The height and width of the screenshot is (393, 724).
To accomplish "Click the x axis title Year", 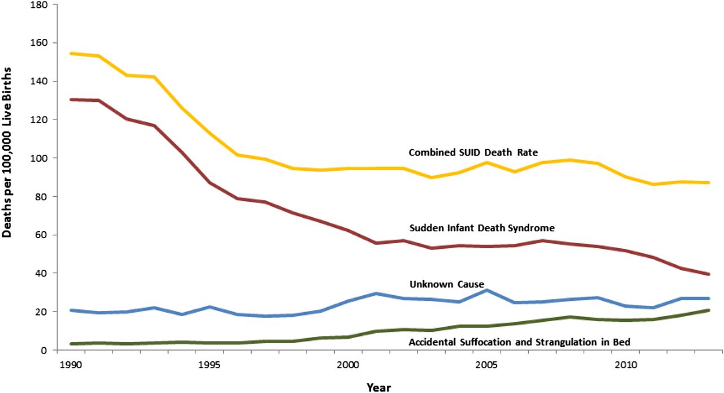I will tap(378, 387).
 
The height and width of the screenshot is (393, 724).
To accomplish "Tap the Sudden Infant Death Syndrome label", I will tap(481, 228).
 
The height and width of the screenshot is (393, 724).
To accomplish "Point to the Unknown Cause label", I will tap(447, 284).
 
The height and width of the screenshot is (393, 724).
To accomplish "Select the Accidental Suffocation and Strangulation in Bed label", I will tap(519, 342).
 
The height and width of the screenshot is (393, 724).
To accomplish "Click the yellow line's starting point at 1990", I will tap(70, 54).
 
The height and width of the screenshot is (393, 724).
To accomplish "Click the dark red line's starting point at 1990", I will tap(70, 100).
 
